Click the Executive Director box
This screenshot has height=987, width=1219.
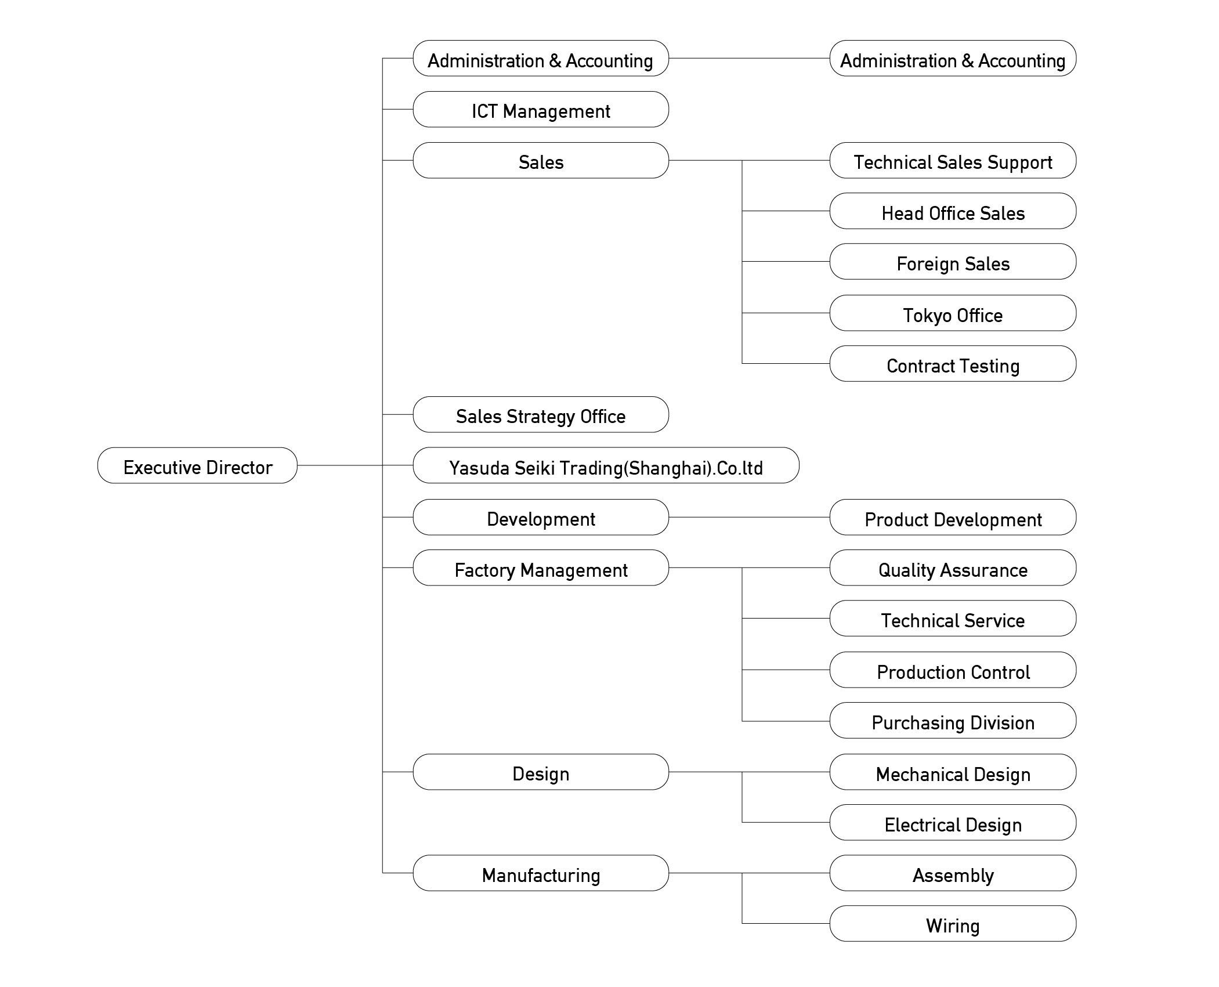pos(197,465)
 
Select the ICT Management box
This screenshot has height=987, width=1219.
pos(541,109)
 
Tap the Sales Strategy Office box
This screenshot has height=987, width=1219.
pos(541,414)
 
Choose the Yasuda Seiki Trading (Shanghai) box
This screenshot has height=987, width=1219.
pos(606,465)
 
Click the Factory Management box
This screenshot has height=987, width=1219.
pos(541,567)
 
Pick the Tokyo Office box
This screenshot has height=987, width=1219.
pos(953,313)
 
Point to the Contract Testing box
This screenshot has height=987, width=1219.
pos(953,363)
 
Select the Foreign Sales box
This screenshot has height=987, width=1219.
pos(953,262)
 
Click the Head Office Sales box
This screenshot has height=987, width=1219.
pos(953,211)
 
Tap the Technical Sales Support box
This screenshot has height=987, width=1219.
pos(953,160)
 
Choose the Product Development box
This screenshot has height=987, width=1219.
pos(953,517)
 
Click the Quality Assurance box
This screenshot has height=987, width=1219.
pos(953,567)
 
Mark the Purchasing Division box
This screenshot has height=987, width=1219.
pos(953,720)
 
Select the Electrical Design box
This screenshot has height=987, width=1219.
pos(953,822)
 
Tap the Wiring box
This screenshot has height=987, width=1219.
pos(953,923)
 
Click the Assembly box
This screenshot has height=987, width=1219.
pos(953,873)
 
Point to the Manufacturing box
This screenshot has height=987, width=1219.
pos(541,873)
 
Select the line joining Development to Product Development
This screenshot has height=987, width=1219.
pos(749,517)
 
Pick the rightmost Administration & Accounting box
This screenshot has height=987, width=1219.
pos(953,58)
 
